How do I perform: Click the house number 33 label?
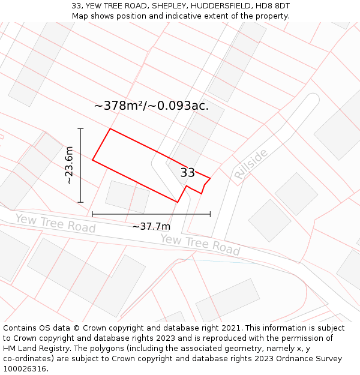187,173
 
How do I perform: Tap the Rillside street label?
251,164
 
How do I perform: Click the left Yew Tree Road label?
55,223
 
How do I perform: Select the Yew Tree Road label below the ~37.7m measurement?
200,244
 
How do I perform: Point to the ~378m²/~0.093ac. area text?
151,106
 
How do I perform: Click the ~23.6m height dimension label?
69,165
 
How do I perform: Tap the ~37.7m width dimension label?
151,226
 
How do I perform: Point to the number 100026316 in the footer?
25,369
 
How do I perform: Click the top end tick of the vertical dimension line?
80,128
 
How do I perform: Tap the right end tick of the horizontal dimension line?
210,214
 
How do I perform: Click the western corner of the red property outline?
92,160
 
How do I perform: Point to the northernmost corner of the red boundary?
110,128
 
